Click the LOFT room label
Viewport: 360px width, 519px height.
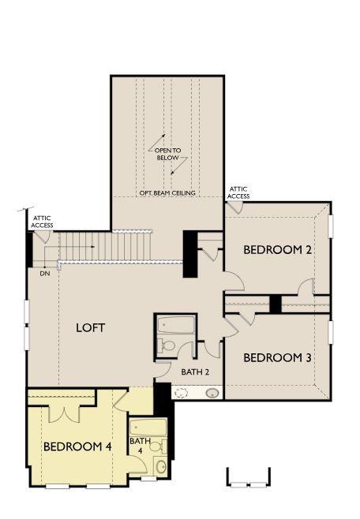click(90, 327)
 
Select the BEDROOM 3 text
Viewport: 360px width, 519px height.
click(276, 357)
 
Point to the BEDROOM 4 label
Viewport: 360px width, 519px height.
click(77, 446)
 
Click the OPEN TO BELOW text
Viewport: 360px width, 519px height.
click(167, 154)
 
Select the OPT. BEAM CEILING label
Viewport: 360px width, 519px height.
click(167, 192)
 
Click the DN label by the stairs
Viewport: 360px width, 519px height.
click(44, 274)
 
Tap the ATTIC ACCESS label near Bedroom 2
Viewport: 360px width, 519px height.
click(238, 192)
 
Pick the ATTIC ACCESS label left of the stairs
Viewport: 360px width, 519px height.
click(42, 221)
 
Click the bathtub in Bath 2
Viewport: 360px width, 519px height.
click(175, 325)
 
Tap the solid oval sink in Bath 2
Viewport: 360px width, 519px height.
click(212, 393)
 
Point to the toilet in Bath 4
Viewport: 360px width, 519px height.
click(156, 447)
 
